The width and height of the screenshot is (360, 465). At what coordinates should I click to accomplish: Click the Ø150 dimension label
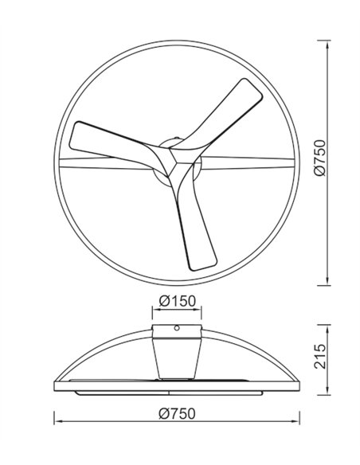[x=177, y=301]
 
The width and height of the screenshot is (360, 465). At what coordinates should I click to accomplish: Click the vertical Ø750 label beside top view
[x=319, y=158]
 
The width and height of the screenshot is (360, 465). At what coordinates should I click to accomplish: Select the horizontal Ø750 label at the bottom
[x=177, y=413]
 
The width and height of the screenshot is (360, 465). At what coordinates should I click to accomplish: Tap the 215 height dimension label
[x=319, y=356]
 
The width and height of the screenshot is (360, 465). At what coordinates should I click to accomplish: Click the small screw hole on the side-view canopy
[x=177, y=328]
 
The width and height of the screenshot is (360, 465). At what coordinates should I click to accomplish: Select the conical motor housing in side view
[x=177, y=358]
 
